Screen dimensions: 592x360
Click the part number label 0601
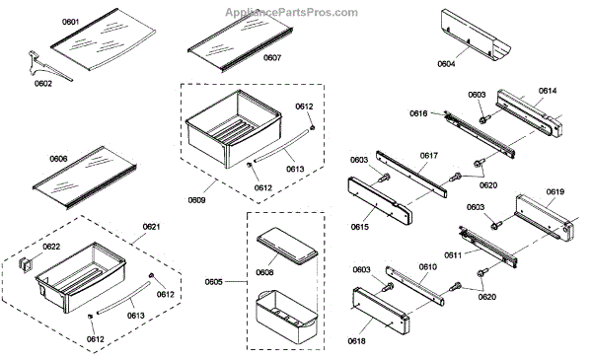71,22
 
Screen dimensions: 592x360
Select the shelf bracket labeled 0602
47,66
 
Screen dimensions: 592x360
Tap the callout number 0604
446,64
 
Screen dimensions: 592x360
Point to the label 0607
272,58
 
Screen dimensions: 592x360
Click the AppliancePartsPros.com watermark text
291,13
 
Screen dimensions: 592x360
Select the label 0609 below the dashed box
196,200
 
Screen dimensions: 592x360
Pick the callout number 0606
58,159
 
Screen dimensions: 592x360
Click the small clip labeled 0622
26,264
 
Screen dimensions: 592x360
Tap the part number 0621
151,227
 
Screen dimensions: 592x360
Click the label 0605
214,282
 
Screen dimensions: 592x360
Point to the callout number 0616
418,113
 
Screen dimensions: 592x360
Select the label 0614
548,91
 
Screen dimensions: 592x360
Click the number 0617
429,156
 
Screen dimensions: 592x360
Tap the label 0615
360,227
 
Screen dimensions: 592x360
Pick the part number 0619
555,191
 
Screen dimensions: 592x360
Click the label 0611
453,255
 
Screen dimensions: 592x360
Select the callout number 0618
357,341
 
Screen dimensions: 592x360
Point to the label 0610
428,267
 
